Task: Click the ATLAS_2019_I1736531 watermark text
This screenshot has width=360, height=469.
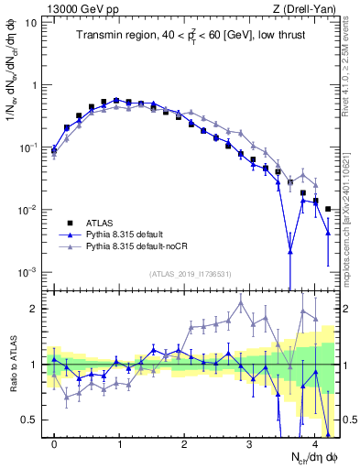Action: click(x=190, y=274)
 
